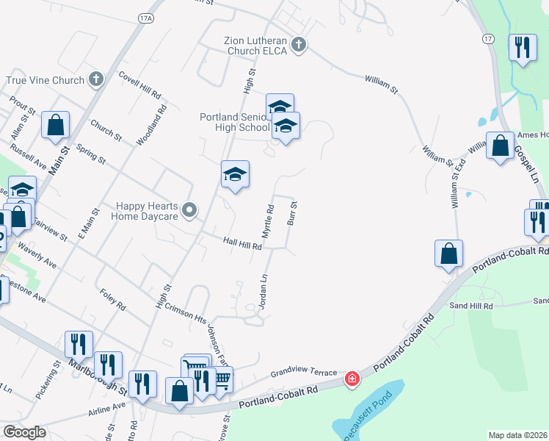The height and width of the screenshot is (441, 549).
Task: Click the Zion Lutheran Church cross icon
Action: tap(298, 46)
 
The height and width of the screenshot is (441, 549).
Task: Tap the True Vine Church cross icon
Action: tap(95, 79)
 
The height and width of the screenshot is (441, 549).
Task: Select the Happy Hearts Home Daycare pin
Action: tap(189, 212)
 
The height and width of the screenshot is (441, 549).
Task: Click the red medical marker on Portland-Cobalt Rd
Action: tap(353, 379)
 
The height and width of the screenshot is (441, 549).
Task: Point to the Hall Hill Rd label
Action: tap(242, 243)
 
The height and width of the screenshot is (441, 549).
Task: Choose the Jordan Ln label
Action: tap(262, 291)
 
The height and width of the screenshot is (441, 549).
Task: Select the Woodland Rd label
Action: tap(161, 118)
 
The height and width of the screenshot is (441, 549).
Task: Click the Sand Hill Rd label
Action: tap(470, 305)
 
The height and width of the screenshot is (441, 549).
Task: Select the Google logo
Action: tap(24, 432)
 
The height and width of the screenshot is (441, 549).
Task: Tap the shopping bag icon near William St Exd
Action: tap(448, 254)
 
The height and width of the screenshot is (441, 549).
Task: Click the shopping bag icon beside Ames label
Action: tap(500, 145)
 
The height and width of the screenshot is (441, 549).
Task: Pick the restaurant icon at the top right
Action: tap(522, 49)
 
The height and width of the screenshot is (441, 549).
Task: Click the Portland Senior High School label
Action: tap(235, 122)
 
